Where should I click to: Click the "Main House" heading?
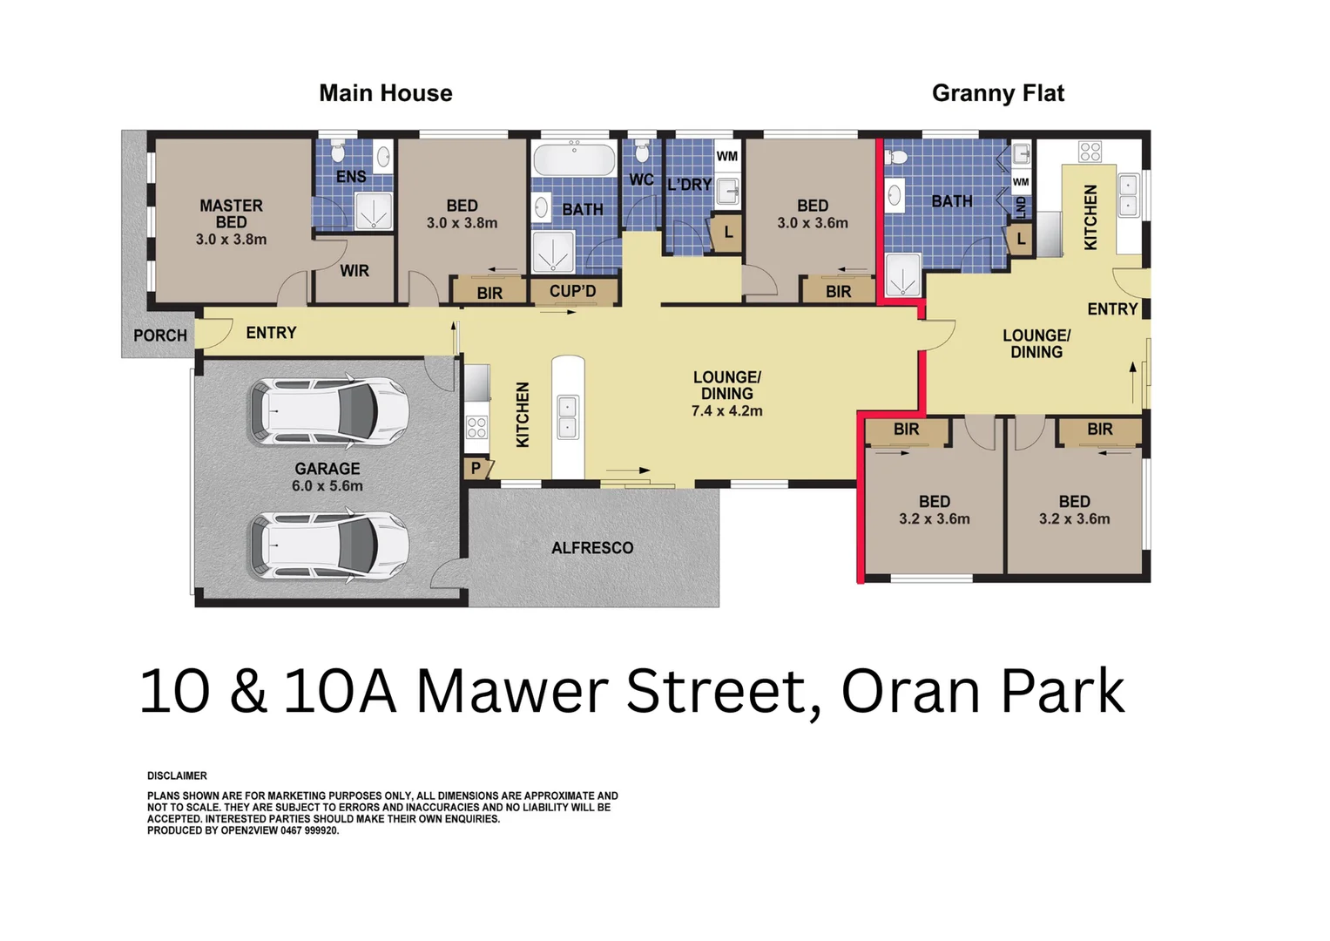pyautogui.click(x=385, y=93)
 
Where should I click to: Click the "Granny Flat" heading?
pyautogui.click(x=997, y=93)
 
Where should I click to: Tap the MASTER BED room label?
pyautogui.click(x=231, y=222)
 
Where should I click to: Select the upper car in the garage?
pyautogui.click(x=329, y=410)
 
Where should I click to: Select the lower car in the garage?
pyautogui.click(x=329, y=546)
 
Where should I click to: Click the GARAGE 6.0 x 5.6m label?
pyautogui.click(x=327, y=477)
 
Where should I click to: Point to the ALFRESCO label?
pyautogui.click(x=592, y=548)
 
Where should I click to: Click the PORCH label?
pyautogui.click(x=160, y=335)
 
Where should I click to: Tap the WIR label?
pyautogui.click(x=354, y=271)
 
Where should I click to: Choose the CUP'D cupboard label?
pyautogui.click(x=572, y=291)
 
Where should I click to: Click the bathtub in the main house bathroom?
pyautogui.click(x=574, y=159)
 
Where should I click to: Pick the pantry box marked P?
pyautogui.click(x=476, y=469)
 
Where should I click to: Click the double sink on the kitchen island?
pyautogui.click(x=567, y=416)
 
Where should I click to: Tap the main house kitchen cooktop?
pyautogui.click(x=476, y=427)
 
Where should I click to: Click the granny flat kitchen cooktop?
pyautogui.click(x=1090, y=152)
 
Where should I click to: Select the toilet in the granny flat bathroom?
pyautogui.click(x=896, y=158)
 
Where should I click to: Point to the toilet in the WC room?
pyautogui.click(x=642, y=152)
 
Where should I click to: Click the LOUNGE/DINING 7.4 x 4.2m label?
pyautogui.click(x=726, y=394)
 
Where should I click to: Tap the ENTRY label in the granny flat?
pyautogui.click(x=1112, y=309)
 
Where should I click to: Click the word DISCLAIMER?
pyautogui.click(x=177, y=775)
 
